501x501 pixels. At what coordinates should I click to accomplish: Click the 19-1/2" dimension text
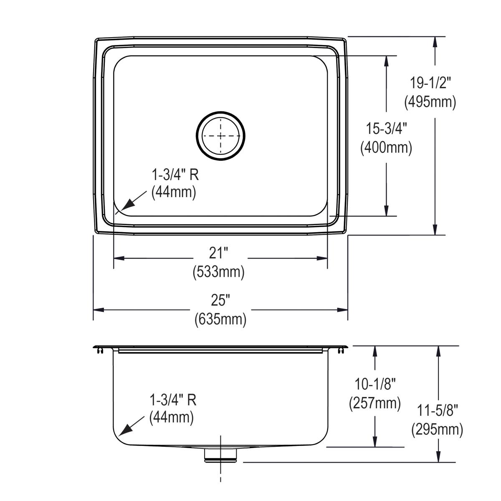click(430, 83)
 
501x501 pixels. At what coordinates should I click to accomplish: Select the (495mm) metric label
click(430, 101)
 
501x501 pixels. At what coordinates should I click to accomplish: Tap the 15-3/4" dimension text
click(386, 129)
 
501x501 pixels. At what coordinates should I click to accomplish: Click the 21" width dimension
click(220, 253)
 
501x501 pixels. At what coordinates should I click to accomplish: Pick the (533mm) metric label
click(218, 272)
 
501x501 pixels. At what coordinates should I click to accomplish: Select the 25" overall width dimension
click(220, 300)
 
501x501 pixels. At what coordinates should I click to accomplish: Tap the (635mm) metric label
click(220, 319)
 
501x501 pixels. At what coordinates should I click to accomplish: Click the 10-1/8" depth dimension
click(375, 383)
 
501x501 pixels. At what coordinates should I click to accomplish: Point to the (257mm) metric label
click(375, 403)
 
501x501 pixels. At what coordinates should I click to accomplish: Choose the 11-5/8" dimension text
click(437, 410)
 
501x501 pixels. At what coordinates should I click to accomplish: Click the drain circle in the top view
click(220, 136)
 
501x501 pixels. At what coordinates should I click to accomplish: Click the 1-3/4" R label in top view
click(175, 175)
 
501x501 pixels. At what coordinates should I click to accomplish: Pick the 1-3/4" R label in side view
click(173, 400)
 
